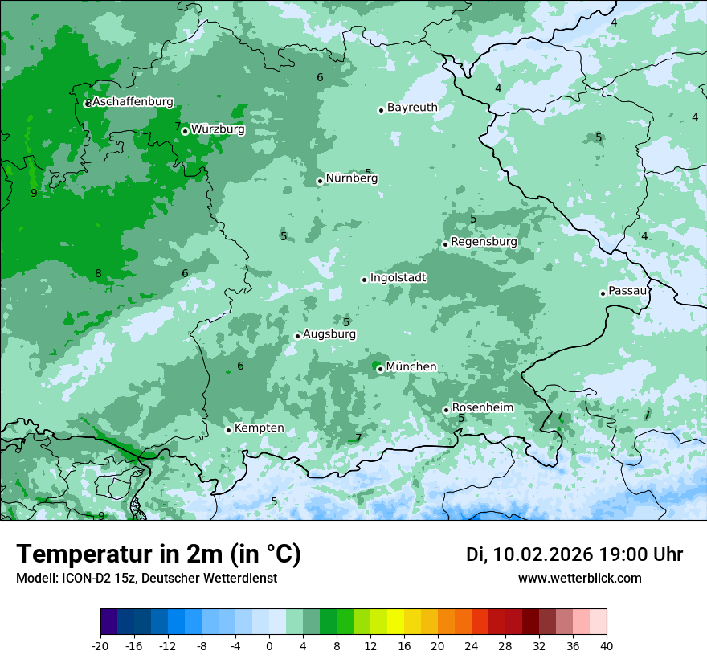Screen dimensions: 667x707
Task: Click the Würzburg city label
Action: click(218, 129)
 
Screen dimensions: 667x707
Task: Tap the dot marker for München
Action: click(380, 369)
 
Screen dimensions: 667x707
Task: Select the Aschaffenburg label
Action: click(133, 102)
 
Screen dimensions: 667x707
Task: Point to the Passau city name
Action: click(627, 291)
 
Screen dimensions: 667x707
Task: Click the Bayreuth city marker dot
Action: click(381, 110)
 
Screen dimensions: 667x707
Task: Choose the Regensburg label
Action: click(484, 241)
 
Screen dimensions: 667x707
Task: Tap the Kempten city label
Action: click(259, 428)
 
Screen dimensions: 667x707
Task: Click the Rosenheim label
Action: click(482, 407)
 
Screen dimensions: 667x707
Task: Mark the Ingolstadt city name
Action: click(398, 278)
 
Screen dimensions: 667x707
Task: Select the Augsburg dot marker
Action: click(297, 336)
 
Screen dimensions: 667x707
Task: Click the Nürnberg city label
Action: click(352, 178)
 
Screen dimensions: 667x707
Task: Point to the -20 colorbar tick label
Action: click(100, 645)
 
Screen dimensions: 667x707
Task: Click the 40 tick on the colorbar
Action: click(607, 645)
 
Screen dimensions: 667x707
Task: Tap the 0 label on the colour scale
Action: click(269, 645)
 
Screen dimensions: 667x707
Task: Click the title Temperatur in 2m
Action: click(159, 554)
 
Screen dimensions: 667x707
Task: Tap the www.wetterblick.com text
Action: click(579, 578)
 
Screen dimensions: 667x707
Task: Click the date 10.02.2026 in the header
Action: click(543, 554)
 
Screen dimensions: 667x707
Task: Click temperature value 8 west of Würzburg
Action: click(98, 273)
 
